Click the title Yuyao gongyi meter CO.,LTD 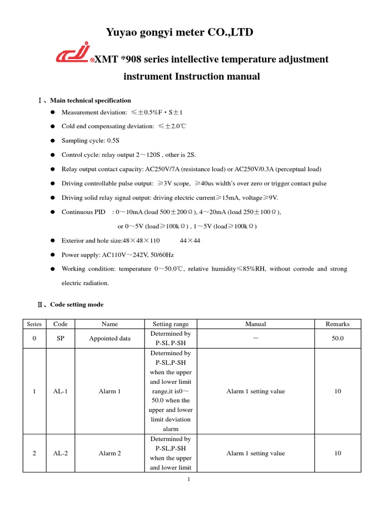point(179,33)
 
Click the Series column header point(34,324)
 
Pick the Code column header point(60,324)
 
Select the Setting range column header point(170,324)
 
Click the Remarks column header point(337,324)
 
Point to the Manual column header point(255,324)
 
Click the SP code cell point(60,339)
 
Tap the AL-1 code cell point(60,391)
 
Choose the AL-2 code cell point(60,453)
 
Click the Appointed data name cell point(109,339)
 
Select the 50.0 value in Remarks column point(337,339)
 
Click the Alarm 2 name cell point(109,453)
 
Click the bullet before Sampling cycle point(52,141)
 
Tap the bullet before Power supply point(52,254)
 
